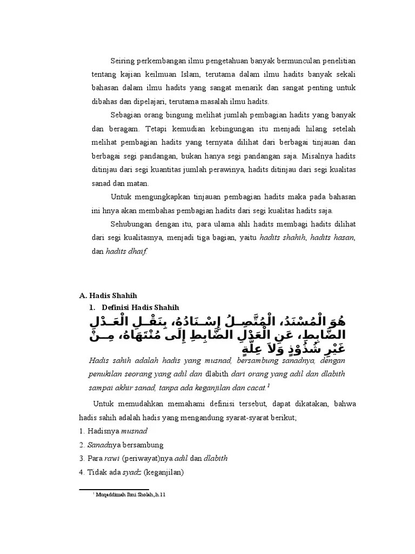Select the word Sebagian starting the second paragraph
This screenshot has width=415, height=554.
coord(128,116)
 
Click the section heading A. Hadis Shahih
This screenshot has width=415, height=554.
coord(108,295)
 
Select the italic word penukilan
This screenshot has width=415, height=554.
coord(105,374)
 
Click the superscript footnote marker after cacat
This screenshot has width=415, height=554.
coord(269,386)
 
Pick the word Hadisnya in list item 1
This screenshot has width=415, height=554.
coord(103,431)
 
